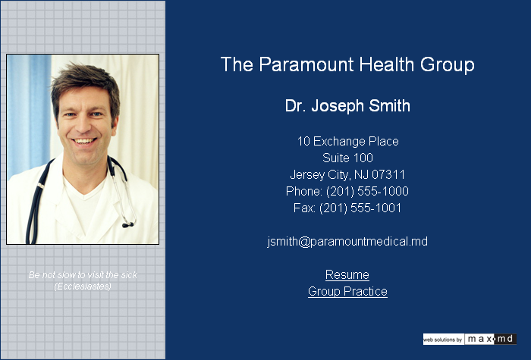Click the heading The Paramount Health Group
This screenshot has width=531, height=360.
[347, 64]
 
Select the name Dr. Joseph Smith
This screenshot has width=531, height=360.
[347, 106]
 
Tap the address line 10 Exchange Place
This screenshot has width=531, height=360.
[347, 141]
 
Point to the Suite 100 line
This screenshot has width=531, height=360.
[347, 158]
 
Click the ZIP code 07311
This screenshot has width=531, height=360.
[388, 174]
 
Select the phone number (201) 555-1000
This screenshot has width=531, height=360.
[367, 192]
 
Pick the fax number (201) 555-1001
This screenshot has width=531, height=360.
[360, 208]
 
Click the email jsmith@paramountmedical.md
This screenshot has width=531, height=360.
[347, 242]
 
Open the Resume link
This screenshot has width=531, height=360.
[347, 274]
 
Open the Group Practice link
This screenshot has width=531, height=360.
[347, 291]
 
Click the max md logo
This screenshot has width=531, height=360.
[490, 339]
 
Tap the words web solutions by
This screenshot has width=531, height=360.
[443, 340]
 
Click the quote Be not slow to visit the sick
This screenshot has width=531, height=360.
[83, 274]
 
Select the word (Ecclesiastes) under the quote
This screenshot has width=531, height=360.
[83, 286]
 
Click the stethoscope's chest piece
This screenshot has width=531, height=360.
[128, 224]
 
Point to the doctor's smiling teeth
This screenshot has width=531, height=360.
[83, 141]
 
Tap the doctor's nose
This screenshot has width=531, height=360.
[82, 125]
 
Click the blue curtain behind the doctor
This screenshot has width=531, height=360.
[29, 111]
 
